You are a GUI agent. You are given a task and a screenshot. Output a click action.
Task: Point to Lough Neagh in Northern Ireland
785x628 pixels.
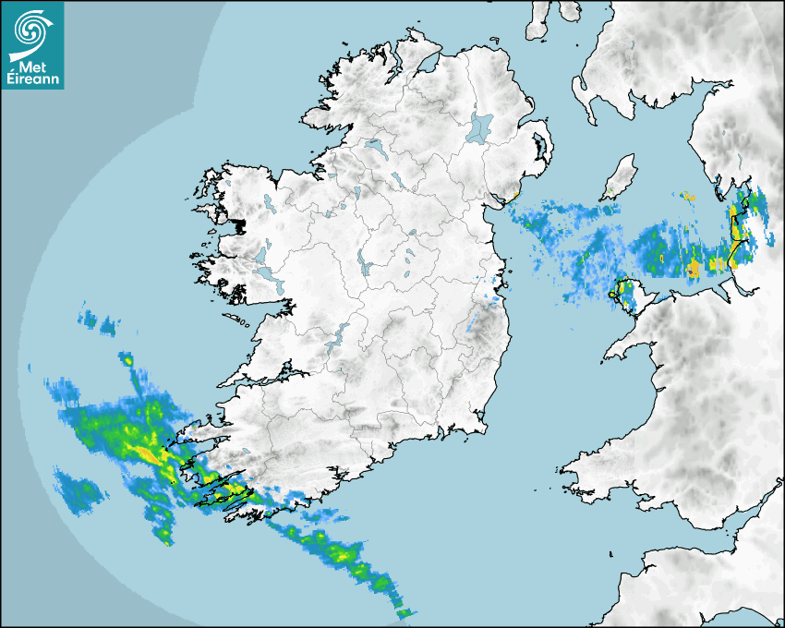click(481, 127)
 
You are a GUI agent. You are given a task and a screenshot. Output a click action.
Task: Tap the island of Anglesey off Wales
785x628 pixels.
click(625, 293)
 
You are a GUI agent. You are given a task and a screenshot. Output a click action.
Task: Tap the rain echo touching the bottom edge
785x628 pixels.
click(404, 612)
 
